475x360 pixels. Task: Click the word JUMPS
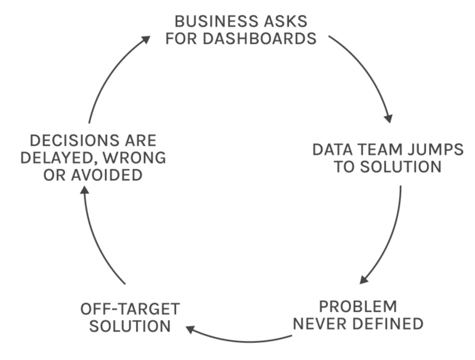435,150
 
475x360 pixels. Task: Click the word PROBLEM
358,307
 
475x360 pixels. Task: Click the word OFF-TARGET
129,309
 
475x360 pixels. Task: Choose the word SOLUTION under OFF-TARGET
129,326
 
